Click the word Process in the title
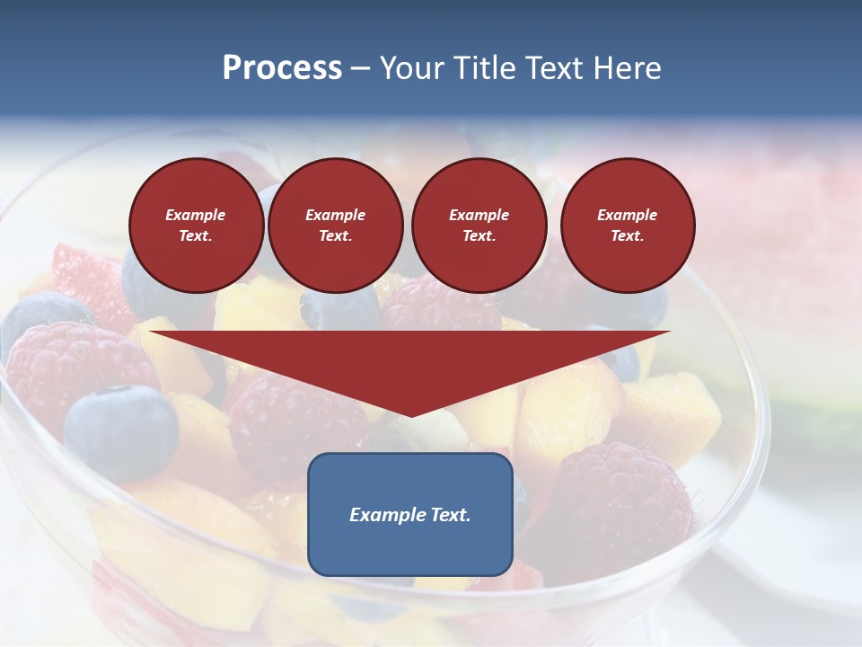tap(282, 68)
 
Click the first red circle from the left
tap(196, 225)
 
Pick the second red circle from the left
tap(335, 225)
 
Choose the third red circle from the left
tap(479, 225)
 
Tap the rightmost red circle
tap(627, 225)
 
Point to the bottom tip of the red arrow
tap(410, 415)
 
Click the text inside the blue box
tap(409, 515)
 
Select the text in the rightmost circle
tap(627, 225)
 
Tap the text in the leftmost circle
tap(196, 225)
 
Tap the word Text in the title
tap(552, 68)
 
